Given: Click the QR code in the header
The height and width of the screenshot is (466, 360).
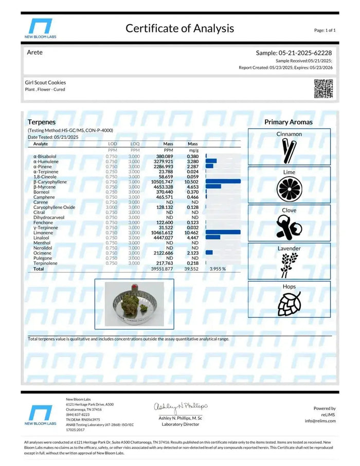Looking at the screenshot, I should pos(323,88).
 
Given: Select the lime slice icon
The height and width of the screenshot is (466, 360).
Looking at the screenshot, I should pos(289,188).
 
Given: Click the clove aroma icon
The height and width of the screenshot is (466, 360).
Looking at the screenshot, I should pos(289,226).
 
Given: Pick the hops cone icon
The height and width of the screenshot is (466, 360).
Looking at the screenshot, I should pos(289,303).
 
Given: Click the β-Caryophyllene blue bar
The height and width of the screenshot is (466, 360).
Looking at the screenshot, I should pos(223,182).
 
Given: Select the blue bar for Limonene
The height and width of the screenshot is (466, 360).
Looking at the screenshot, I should pos(223,232).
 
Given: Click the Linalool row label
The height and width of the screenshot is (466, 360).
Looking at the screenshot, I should pos(42,238).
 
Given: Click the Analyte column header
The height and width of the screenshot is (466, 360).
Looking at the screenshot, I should pos(41,144).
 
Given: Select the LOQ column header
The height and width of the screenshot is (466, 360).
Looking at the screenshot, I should pos(135,144).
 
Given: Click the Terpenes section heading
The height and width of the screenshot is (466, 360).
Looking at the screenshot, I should pos(42,122).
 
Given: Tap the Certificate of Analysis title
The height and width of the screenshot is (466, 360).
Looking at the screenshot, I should pos(179,28).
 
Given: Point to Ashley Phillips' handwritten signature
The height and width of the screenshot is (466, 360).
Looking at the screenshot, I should pos(181,407).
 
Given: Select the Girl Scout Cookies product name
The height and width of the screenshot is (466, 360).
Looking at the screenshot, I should pos(45,82).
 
